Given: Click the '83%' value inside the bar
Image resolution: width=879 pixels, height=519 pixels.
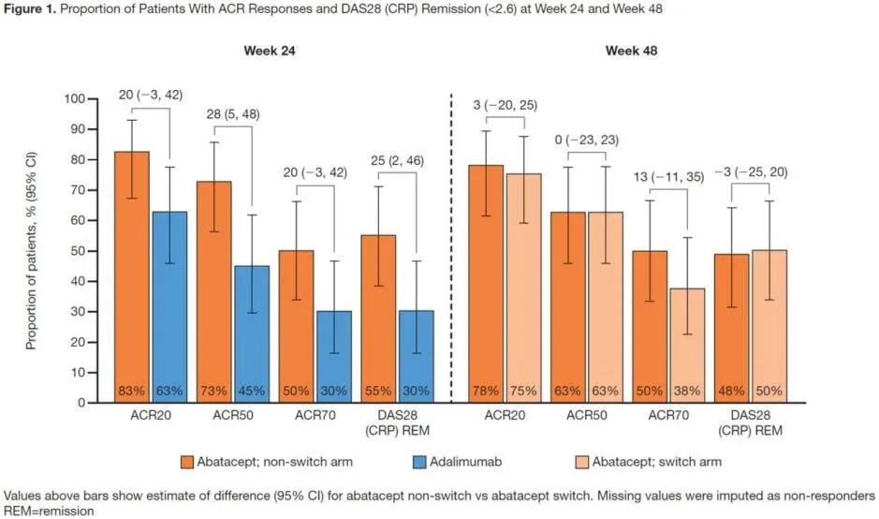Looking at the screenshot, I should click(x=132, y=390).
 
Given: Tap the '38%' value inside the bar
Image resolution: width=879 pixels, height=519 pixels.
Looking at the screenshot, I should click(x=688, y=390).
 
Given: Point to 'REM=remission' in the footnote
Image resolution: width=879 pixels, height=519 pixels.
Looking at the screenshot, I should click(x=48, y=511).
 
